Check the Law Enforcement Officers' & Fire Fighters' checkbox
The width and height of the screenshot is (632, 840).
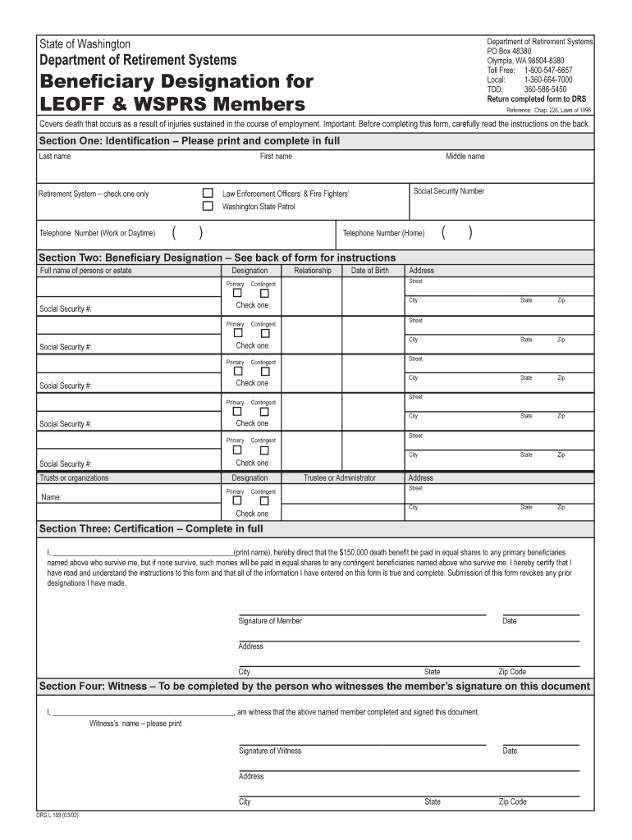pos(208,194)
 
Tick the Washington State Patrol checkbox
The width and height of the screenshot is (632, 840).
pos(208,207)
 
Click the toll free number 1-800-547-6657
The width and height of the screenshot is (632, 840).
pos(548,71)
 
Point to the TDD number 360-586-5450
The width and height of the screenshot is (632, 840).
pos(545,89)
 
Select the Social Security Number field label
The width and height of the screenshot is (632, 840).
pos(449,191)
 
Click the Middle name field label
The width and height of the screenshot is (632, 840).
pos(465,156)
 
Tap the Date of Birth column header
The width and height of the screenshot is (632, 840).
pos(370,271)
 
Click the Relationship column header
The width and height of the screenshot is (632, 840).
pos(312,271)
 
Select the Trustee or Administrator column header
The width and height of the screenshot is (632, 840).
pos(340,478)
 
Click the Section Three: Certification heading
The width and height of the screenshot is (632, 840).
pos(151,528)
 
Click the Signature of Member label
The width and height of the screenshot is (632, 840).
pos(270,621)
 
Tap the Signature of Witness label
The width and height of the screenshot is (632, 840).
pos(270,751)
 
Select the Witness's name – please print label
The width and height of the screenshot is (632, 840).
pos(135,724)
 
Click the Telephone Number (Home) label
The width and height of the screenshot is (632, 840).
pos(383,233)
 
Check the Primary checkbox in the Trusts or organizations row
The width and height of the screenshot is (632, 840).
pos(236,500)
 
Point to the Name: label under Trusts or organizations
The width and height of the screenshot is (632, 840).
pos(52,497)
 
